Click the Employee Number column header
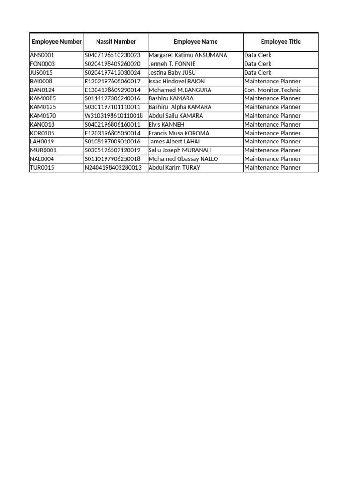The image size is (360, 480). [57, 42]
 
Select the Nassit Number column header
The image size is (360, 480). [116, 42]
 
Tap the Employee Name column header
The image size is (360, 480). [195, 42]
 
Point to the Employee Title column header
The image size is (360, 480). [281, 42]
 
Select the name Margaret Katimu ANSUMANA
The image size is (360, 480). [187, 55]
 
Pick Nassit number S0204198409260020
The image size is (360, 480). [112, 64]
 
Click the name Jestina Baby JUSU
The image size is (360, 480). [172, 73]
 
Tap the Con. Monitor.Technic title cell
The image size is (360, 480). [272, 90]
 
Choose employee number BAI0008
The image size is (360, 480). [41, 81]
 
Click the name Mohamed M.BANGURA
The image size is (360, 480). [180, 90]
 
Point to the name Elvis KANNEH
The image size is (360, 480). [166, 125]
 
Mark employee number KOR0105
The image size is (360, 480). [43, 133]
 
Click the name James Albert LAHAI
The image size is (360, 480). [174, 142]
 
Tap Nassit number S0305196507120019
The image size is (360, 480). [112, 150]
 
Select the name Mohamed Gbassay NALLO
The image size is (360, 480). [183, 159]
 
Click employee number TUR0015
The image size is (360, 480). [42, 168]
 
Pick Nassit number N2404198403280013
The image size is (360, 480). [113, 168]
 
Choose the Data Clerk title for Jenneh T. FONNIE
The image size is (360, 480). [258, 64]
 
